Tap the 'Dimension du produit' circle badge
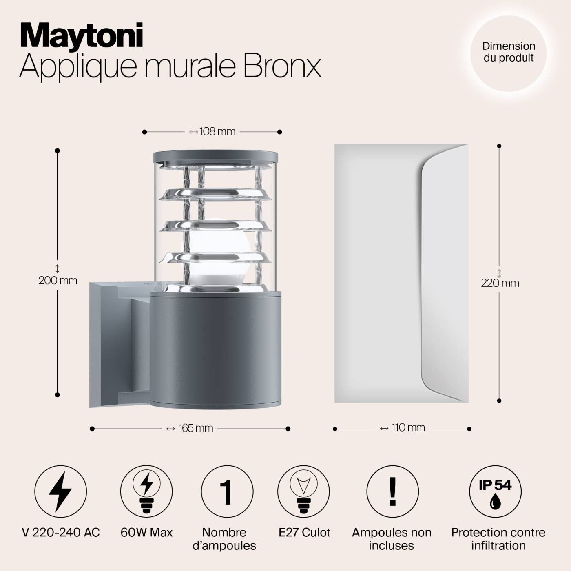click(x=508, y=52)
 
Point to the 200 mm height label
click(x=58, y=280)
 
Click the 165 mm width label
click(x=190, y=428)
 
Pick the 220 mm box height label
click(x=500, y=283)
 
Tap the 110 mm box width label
click(x=402, y=428)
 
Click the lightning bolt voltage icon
click(x=61, y=491)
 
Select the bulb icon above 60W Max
click(x=146, y=491)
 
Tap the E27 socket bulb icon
click(x=303, y=491)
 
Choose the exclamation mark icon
click(x=392, y=491)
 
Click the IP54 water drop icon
click(x=495, y=491)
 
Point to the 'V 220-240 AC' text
click(x=61, y=532)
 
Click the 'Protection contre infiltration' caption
click(x=498, y=539)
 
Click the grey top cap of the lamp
click(x=215, y=156)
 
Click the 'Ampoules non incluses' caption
click(x=392, y=539)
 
